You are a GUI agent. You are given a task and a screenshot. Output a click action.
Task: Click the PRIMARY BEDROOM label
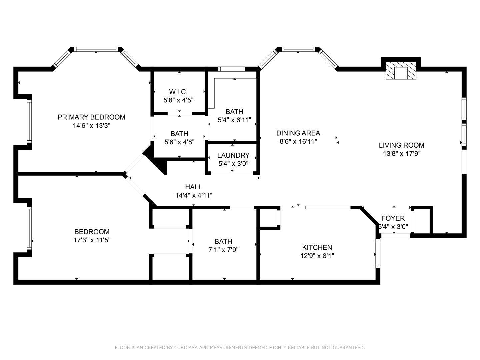pos(91,117)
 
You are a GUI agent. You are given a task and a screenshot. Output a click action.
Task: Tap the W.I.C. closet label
pos(178,92)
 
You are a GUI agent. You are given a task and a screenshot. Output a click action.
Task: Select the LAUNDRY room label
pos(233,155)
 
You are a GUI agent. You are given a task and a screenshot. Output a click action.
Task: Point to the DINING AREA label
pos(298,133)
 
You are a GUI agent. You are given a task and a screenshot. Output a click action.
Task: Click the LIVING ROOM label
pos(401,145)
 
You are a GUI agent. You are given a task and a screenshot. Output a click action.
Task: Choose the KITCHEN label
pos(317,247)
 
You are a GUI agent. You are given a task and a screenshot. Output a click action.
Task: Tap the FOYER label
pos(393,218)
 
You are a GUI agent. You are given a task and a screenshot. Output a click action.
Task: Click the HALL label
pos(194,187)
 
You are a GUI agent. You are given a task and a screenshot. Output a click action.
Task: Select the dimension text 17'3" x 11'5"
pos(92,240)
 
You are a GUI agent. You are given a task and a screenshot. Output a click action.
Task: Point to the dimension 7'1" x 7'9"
pos(223,250)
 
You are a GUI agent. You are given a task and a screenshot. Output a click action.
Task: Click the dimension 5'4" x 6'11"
pos(234,120)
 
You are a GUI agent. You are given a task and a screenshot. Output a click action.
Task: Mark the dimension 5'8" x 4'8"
pos(179,142)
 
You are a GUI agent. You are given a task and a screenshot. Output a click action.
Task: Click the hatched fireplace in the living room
pos(401,70)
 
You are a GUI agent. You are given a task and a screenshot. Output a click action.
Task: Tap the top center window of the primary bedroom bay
pos(96,49)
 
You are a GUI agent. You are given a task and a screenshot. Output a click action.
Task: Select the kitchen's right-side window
pos(378,253)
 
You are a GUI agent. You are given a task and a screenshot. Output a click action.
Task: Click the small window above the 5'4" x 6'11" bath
pos(232,69)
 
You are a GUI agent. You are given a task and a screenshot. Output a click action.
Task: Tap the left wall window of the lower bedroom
pos(29,228)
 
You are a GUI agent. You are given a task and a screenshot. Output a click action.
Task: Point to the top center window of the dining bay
pos(298,49)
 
